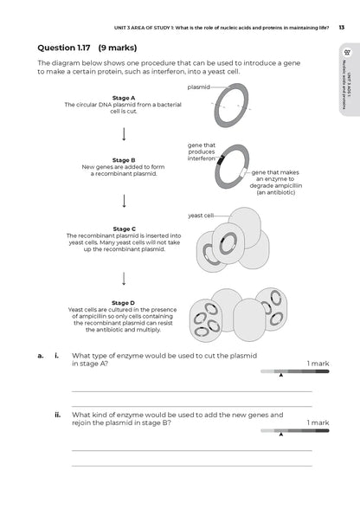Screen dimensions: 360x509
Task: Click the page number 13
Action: (x=342, y=28)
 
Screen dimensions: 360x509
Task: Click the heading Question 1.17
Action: (x=64, y=48)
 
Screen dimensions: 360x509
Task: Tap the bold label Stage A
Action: (x=124, y=98)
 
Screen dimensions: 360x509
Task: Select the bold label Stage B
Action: (x=124, y=160)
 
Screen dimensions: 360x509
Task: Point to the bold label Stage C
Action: (x=124, y=229)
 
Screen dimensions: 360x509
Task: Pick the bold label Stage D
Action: (x=123, y=303)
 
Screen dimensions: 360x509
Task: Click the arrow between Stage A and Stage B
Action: (x=124, y=134)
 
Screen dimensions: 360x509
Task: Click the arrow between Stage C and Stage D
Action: (x=124, y=279)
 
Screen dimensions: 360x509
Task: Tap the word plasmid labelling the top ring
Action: (x=199, y=87)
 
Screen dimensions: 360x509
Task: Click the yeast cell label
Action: (x=201, y=216)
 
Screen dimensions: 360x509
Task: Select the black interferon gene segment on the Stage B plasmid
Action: (x=221, y=159)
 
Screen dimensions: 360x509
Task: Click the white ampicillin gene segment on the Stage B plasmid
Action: (x=243, y=173)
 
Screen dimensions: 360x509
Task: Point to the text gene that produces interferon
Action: (x=202, y=152)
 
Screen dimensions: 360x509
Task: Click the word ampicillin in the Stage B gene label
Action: (x=288, y=185)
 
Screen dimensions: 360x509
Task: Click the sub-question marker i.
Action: (x=57, y=356)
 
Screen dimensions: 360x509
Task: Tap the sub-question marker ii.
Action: (x=57, y=415)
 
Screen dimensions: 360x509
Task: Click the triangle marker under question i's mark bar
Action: (x=281, y=376)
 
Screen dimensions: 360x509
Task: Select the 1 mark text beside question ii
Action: (x=318, y=422)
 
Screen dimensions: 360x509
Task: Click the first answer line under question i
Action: (x=192, y=392)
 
